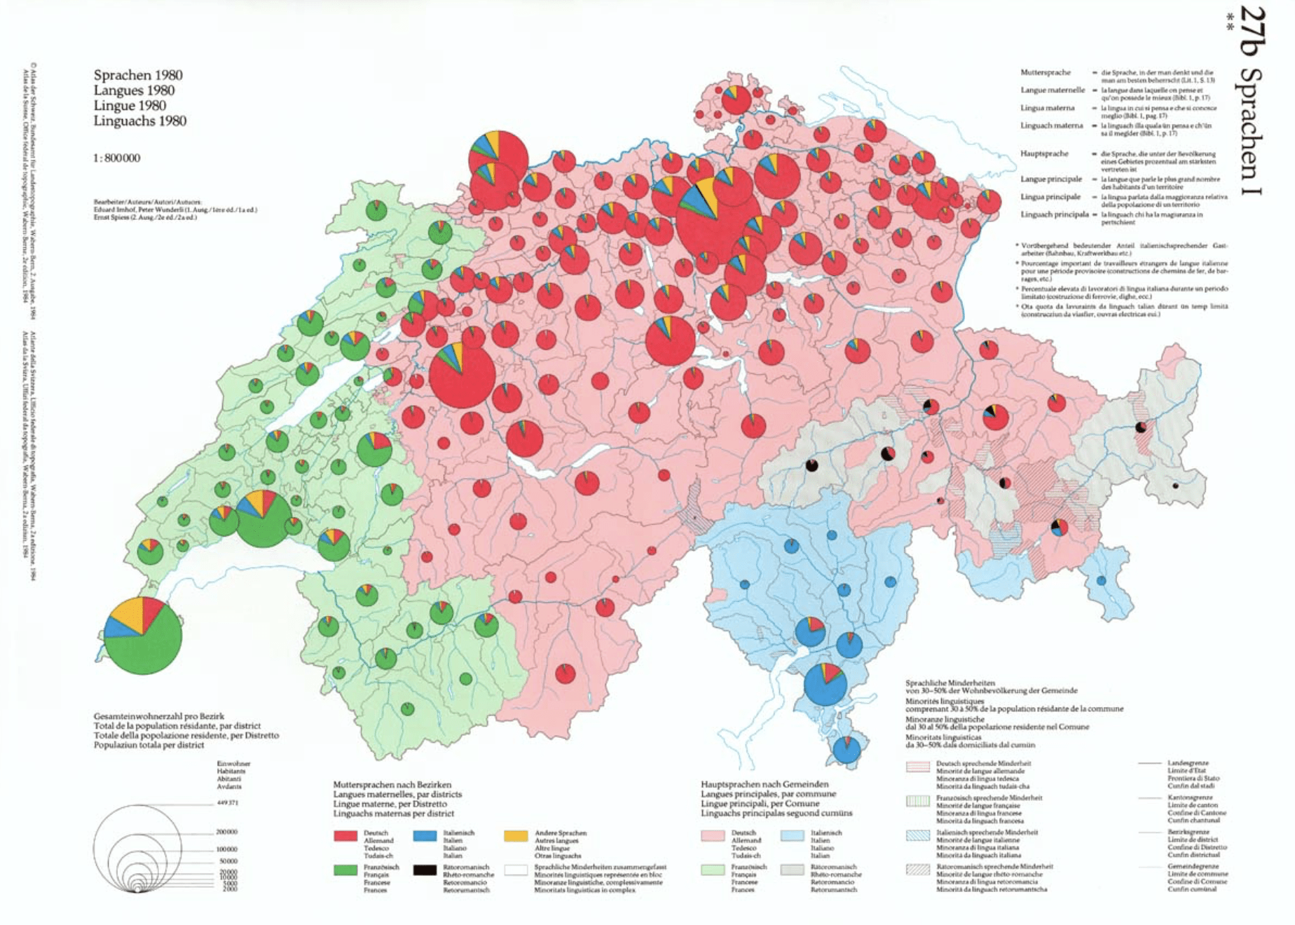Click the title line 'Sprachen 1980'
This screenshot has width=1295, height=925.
coord(138,75)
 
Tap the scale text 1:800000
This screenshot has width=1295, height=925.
coord(117,158)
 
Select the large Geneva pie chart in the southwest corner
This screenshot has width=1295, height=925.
coord(143,636)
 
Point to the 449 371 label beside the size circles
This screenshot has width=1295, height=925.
coord(227,802)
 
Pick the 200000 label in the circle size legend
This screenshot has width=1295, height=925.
coord(227,832)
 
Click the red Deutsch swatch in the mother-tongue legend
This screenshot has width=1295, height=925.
coord(345,835)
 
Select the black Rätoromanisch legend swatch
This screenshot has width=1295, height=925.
coord(424,870)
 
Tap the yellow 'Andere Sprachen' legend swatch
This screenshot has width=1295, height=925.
coord(516,835)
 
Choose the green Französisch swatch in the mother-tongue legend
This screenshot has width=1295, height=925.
coord(345,870)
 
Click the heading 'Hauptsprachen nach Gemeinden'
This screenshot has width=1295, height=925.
coord(755,784)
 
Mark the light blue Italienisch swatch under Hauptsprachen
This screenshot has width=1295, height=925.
coord(792,835)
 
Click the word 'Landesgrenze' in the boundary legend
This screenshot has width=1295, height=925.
coord(1188,762)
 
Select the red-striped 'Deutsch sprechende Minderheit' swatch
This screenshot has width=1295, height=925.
coord(918,766)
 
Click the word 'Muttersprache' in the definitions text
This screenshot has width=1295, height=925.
coord(1046,72)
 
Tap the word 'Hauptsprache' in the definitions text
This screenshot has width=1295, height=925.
coord(1044,153)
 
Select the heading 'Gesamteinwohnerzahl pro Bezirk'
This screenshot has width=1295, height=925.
coord(159,716)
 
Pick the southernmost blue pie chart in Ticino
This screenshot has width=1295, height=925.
coord(847,750)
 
